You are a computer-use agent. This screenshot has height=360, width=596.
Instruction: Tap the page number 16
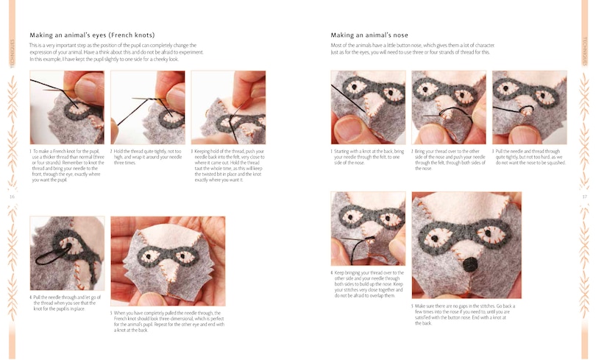pos(12,197)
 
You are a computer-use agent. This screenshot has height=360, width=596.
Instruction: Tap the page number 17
pos(584,197)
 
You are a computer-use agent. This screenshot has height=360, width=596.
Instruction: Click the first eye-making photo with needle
pos(67,107)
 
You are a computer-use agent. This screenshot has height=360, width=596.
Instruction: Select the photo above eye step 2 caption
pos(147,107)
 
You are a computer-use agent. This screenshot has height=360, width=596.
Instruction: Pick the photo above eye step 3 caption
pos(228,107)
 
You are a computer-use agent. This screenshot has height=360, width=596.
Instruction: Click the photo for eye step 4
pos(67,253)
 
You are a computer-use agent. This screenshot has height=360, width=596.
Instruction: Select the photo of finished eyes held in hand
pos(167,261)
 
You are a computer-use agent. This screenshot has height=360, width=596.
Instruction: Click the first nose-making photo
pos(368,107)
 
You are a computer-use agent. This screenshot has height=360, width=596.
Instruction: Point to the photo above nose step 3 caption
pos(529,107)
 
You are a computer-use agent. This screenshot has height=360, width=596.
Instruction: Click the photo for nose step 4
pos(368,229)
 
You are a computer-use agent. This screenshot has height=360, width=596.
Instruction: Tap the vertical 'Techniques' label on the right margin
pos(585,52)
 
